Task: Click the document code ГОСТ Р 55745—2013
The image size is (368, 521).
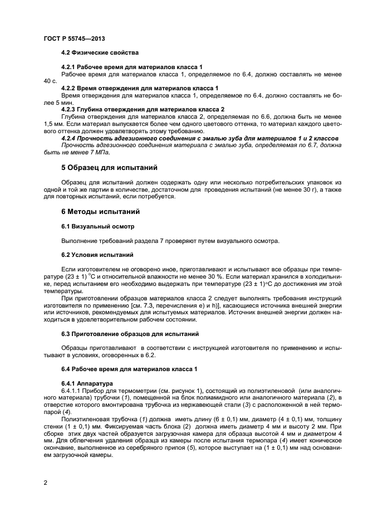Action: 73,38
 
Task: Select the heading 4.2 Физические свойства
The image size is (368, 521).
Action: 100,52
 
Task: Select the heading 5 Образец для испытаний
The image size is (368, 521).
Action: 109,167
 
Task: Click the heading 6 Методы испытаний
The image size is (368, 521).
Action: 100,212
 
